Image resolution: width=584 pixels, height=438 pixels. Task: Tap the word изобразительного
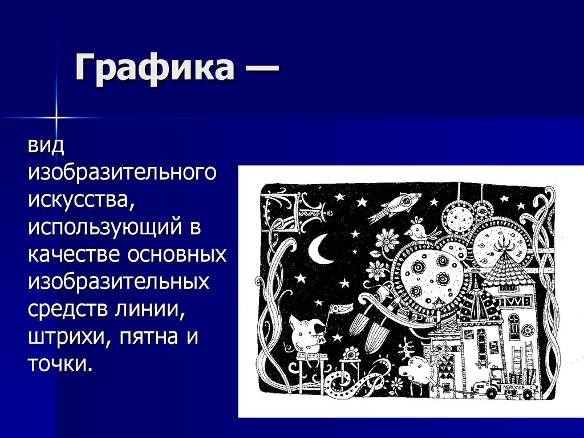point(123,173)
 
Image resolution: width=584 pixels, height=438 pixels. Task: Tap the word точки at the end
point(59,363)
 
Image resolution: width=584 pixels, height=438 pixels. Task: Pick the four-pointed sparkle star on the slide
point(56,117)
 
